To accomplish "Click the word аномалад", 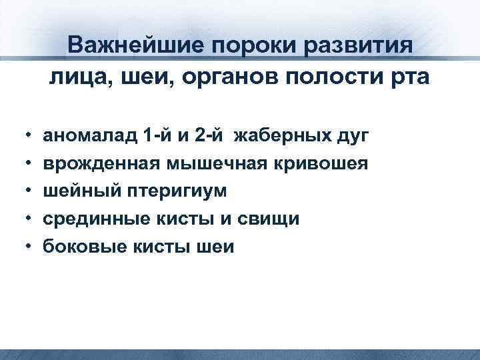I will [x=90, y=137].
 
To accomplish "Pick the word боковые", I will [x=81, y=247].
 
